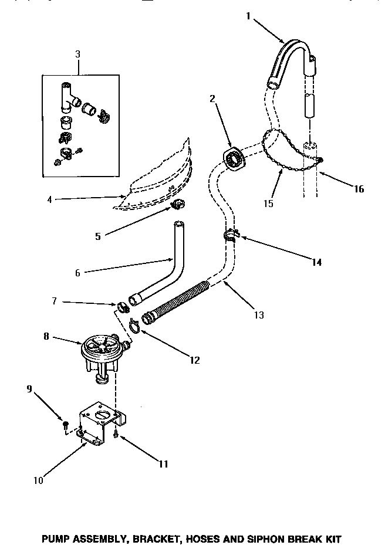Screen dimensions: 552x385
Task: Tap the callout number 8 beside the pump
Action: [46, 337]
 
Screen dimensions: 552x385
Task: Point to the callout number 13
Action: [259, 315]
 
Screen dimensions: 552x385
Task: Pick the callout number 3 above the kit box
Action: [79, 54]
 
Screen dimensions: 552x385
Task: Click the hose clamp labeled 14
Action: [231, 236]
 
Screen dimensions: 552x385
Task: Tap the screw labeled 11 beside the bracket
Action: [117, 435]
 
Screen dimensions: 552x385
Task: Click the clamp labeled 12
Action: [134, 323]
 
